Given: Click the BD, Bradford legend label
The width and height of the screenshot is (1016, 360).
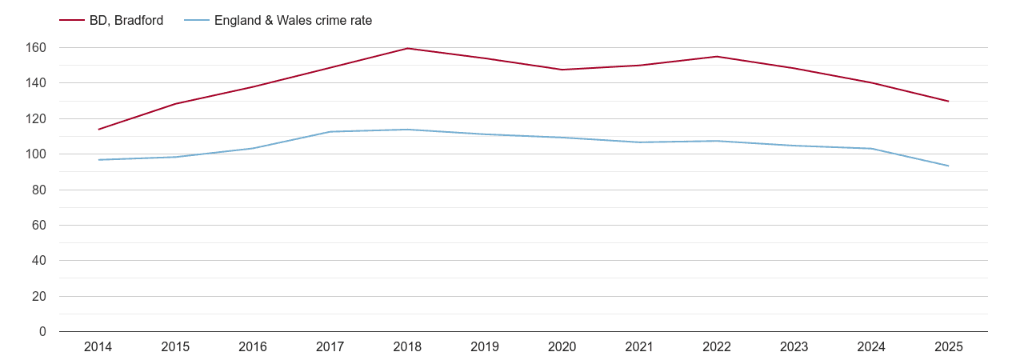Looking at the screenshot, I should click(126, 21).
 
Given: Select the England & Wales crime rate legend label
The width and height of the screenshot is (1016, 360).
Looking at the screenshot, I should click(293, 21).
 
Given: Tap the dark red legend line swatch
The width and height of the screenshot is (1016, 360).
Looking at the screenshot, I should click(72, 21).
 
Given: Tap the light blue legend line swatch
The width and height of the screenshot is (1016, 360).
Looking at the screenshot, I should click(197, 21).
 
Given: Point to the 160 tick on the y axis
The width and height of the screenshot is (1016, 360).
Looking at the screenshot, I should click(36, 48).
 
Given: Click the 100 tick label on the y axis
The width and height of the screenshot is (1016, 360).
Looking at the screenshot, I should click(36, 154).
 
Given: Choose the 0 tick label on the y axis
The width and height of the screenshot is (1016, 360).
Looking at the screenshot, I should click(42, 332).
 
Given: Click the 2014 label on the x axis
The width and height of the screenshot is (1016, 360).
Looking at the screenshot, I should click(98, 347).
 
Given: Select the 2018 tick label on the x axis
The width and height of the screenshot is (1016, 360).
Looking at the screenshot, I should click(407, 347).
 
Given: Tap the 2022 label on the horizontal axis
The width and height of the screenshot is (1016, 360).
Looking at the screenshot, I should click(717, 347).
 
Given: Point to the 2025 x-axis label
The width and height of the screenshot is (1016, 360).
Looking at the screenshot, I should click(949, 347).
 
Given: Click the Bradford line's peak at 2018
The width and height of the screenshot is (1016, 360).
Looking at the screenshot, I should click(407, 48).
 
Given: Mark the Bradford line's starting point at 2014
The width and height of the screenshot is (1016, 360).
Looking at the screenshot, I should click(98, 130).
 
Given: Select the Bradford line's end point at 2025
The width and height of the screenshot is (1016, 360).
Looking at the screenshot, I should click(949, 101).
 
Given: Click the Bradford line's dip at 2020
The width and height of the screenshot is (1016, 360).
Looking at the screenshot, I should click(562, 70).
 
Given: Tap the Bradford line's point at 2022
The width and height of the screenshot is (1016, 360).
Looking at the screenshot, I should click(717, 56).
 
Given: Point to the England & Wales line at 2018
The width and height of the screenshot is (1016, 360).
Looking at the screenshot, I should click(407, 130).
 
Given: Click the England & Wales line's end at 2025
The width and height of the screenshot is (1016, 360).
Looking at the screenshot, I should click(949, 166).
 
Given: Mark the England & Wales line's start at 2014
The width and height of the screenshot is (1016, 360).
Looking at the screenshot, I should click(98, 160).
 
